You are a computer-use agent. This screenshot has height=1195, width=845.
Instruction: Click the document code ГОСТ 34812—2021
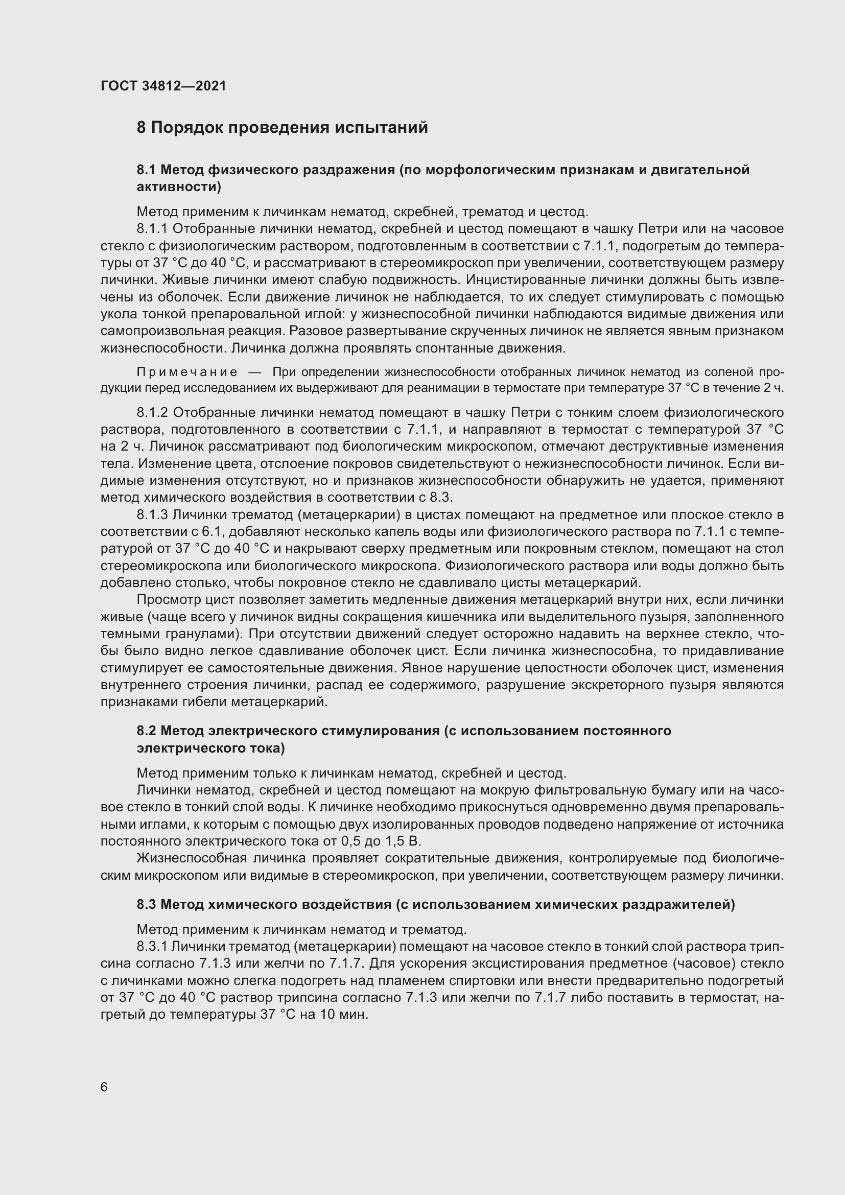pyautogui.click(x=163, y=86)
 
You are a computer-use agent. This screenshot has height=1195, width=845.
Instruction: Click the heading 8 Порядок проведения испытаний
pyautogui.click(x=282, y=128)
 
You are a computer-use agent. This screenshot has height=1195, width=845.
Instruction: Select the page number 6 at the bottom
pyautogui.click(x=104, y=1088)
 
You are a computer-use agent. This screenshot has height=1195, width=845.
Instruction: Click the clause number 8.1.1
pyautogui.click(x=153, y=229)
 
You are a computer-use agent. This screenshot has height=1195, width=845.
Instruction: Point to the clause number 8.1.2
pyautogui.click(x=153, y=413)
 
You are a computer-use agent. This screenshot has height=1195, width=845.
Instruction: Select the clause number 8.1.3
pyautogui.click(x=153, y=515)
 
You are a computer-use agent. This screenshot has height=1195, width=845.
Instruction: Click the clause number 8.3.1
pyautogui.click(x=152, y=946)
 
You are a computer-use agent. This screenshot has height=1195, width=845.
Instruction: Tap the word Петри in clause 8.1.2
pyautogui.click(x=529, y=413)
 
